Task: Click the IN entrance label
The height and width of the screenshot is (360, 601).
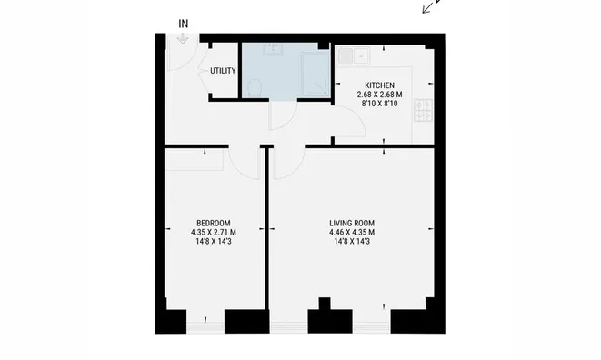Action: click(184, 24)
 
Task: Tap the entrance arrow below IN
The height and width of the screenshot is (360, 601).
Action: click(183, 38)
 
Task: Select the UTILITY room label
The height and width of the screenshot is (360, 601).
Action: click(223, 71)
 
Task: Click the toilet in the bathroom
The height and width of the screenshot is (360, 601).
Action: click(255, 88)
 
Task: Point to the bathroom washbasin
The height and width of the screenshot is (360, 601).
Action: click(273, 49)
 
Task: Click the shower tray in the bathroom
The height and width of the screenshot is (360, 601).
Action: click(315, 75)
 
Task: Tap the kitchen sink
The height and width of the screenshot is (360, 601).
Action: click(354, 56)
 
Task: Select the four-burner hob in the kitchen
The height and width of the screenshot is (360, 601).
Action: click(423, 110)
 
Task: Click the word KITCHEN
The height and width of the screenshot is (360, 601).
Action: click(379, 85)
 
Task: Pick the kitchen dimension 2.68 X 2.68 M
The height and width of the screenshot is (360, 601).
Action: click(379, 95)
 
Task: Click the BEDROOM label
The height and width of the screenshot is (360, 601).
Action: click(214, 223)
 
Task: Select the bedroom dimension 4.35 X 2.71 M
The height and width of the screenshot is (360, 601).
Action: click(214, 233)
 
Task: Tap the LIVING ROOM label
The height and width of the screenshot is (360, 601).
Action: click(352, 223)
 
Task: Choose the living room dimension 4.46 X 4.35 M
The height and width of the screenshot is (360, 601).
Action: click(352, 233)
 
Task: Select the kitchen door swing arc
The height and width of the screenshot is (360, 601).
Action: click(357, 115)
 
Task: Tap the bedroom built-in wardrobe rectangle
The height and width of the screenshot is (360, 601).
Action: click(195, 159)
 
